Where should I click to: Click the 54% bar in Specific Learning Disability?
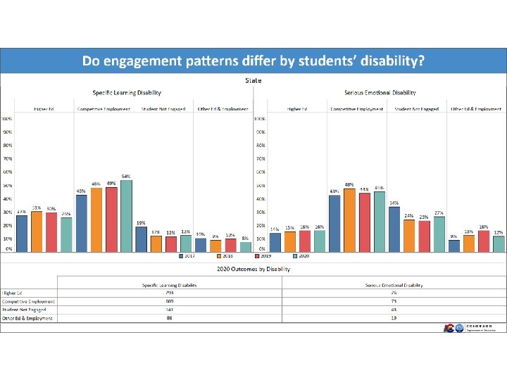click(x=126, y=216)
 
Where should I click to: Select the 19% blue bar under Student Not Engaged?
click(x=141, y=239)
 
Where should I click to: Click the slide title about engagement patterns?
click(x=253, y=61)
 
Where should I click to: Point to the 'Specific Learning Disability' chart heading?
click(x=127, y=93)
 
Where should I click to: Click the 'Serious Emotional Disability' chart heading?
click(x=380, y=93)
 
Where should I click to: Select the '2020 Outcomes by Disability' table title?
click(x=254, y=268)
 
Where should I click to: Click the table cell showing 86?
click(x=169, y=318)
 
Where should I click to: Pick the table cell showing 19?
click(x=394, y=318)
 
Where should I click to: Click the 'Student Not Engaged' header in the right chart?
click(x=416, y=109)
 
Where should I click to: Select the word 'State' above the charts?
click(x=254, y=80)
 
